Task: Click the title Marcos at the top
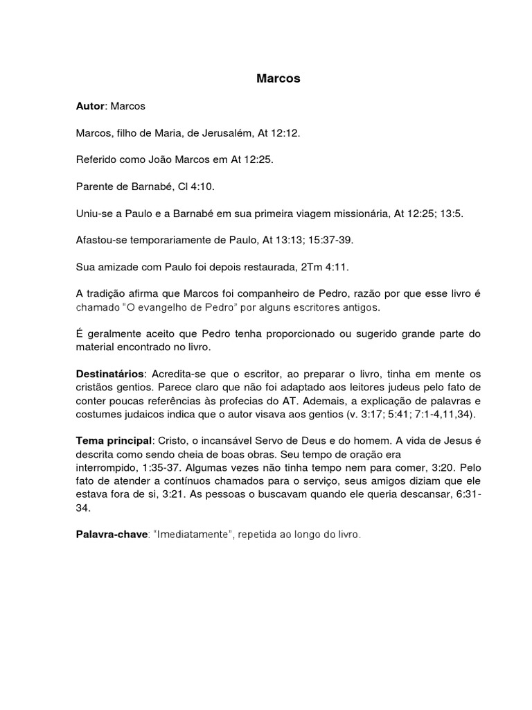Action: click(278, 79)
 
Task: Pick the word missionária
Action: click(355, 213)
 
